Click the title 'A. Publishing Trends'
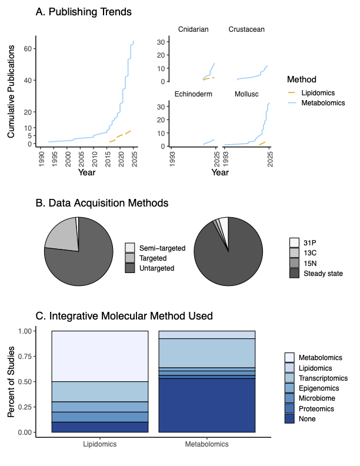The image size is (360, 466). (x=92, y=12)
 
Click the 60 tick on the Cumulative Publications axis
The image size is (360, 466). (x=28, y=49)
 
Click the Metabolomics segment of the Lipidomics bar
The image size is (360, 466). (x=99, y=356)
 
